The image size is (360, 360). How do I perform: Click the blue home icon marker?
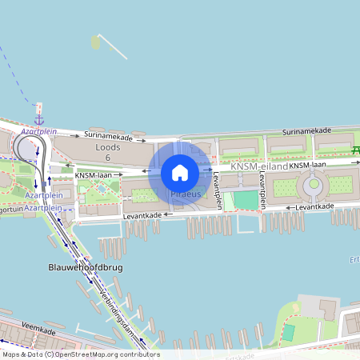pos(180,172)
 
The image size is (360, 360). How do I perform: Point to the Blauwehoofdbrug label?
pos(85,267)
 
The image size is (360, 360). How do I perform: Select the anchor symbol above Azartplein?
pos(38,119)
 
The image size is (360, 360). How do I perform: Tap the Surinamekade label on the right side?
pos(307,130)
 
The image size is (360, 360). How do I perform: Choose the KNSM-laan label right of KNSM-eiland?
pos(309,165)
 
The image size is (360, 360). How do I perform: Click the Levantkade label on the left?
pos(144,215)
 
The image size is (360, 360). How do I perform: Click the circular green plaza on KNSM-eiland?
pos(314,185)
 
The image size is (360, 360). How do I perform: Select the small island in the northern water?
pos(97,42)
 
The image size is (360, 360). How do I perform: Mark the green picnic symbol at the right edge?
pos(356,150)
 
